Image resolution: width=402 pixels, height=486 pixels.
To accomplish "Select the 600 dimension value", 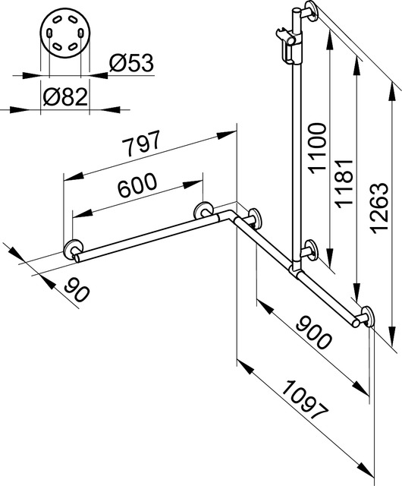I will pos(137,185).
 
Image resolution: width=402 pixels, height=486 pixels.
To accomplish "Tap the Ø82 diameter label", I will pos(64,97).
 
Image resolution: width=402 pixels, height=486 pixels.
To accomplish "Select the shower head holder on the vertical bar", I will pos(291,46).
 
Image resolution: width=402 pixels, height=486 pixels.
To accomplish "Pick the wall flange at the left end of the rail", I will pos(74,251).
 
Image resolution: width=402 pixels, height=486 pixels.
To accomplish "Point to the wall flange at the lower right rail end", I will pos(365,317).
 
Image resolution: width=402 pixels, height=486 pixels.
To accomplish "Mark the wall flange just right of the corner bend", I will pos(253,219).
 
